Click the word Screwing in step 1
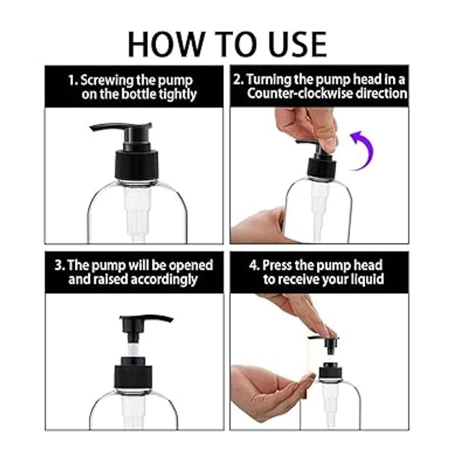107,80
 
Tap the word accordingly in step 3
164,280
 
